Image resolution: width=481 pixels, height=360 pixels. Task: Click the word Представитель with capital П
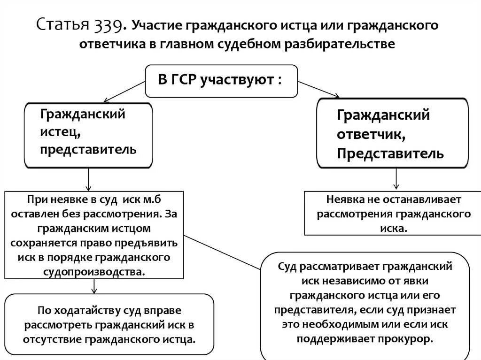click(390, 153)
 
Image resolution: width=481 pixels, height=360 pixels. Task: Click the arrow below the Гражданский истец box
click(88, 179)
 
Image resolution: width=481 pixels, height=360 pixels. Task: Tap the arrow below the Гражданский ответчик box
click(396, 179)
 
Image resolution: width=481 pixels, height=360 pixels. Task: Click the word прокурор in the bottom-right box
click(409, 339)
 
